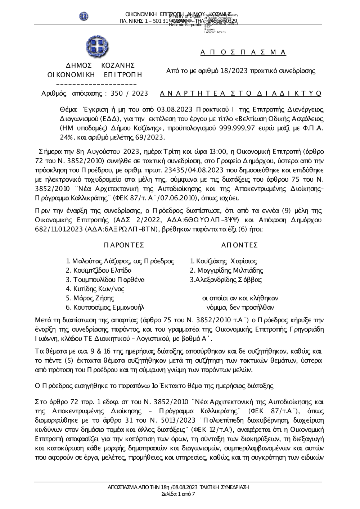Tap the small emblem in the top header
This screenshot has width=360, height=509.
[x=84, y=16]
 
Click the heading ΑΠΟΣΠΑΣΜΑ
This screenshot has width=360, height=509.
[x=243, y=53]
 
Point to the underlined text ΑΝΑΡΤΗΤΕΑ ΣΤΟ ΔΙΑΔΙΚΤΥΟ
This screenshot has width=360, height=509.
[x=240, y=94]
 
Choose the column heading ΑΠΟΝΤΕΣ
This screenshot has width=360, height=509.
[x=239, y=245]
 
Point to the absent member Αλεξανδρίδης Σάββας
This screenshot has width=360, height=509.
[x=228, y=280]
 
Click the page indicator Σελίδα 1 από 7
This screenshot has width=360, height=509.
[x=178, y=494]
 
